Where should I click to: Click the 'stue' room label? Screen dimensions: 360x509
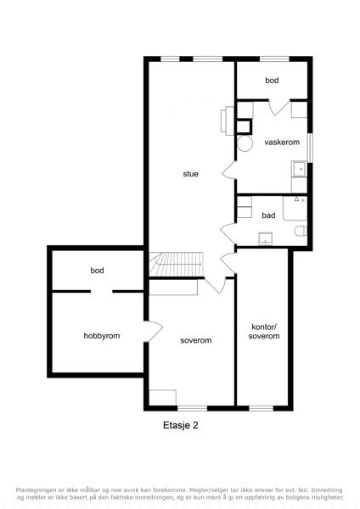[x=190, y=174]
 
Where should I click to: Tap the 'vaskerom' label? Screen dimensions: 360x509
[x=282, y=142]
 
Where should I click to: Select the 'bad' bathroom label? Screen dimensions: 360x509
[x=268, y=215]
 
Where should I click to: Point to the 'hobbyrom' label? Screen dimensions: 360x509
[x=102, y=336]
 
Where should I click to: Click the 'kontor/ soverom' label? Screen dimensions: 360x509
[x=264, y=332]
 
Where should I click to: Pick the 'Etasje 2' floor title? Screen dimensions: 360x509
[x=180, y=425]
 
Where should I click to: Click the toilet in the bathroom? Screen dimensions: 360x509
[x=301, y=231]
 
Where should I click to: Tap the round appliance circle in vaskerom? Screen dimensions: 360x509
[x=245, y=143]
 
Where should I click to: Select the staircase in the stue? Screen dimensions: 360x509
[x=176, y=264]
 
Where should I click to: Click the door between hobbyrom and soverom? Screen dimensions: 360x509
[x=154, y=331]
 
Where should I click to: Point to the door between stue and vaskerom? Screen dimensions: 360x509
[x=229, y=170]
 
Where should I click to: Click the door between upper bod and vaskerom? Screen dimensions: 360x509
[x=279, y=107]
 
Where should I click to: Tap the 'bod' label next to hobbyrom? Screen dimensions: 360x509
[x=97, y=270]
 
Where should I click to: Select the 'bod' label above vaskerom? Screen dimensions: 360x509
[x=272, y=81]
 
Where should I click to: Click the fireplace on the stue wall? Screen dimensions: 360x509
[x=228, y=120]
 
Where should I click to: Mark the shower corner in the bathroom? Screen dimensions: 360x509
[x=295, y=208]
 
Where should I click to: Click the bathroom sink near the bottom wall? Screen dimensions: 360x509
[x=265, y=238]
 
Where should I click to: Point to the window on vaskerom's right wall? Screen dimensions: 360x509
[x=310, y=148]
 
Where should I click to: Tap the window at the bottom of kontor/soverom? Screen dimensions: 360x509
[x=262, y=408]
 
